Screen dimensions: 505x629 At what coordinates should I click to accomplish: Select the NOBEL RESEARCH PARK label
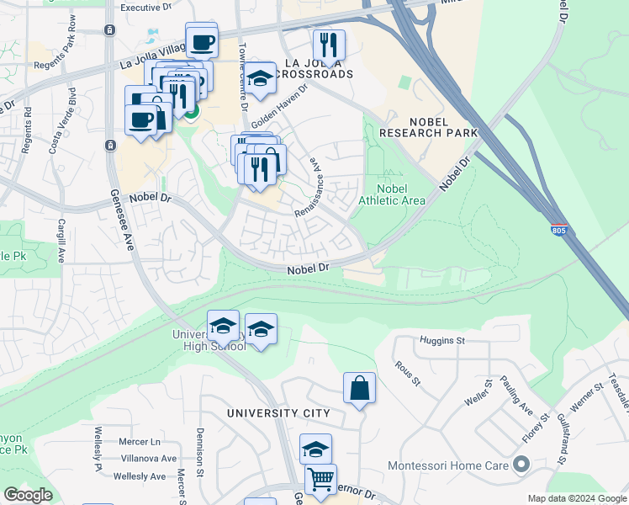click(x=428, y=126)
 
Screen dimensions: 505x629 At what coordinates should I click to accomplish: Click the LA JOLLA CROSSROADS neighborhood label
click(x=319, y=68)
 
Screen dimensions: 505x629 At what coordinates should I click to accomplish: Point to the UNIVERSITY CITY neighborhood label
click(x=277, y=413)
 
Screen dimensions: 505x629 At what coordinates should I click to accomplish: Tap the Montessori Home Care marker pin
click(x=521, y=465)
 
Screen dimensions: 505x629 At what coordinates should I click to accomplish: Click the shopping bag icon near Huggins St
click(x=359, y=388)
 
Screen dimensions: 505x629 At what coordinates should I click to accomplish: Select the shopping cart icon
click(x=320, y=481)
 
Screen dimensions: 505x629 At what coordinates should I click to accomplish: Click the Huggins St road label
click(x=441, y=341)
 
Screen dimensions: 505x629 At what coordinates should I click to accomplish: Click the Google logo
click(x=28, y=495)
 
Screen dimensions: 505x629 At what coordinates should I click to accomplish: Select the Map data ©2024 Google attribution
click(x=576, y=498)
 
